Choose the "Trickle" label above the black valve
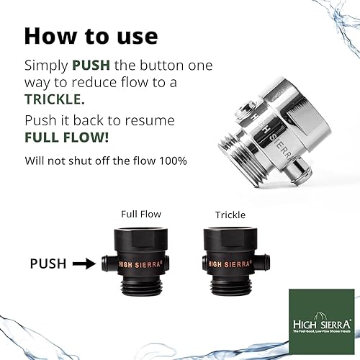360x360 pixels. [x=230, y=215]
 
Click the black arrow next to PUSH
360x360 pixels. [x=84, y=264]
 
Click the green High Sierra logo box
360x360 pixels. [x=312, y=317]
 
